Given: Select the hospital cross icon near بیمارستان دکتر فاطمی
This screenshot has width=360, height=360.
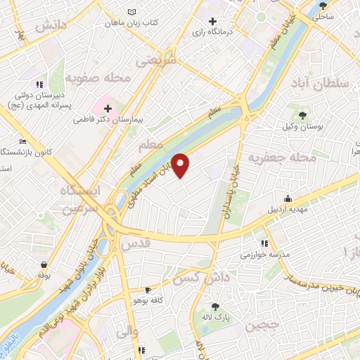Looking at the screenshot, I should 108,108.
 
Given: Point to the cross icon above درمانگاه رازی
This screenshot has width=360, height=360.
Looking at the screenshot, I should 212,22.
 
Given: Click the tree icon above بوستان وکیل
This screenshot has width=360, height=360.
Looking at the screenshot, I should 303,114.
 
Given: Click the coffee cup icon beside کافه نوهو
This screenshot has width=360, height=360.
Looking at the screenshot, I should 148,289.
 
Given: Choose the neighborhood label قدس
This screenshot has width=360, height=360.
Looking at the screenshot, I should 138,244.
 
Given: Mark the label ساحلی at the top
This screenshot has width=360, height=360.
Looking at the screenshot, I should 322,14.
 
